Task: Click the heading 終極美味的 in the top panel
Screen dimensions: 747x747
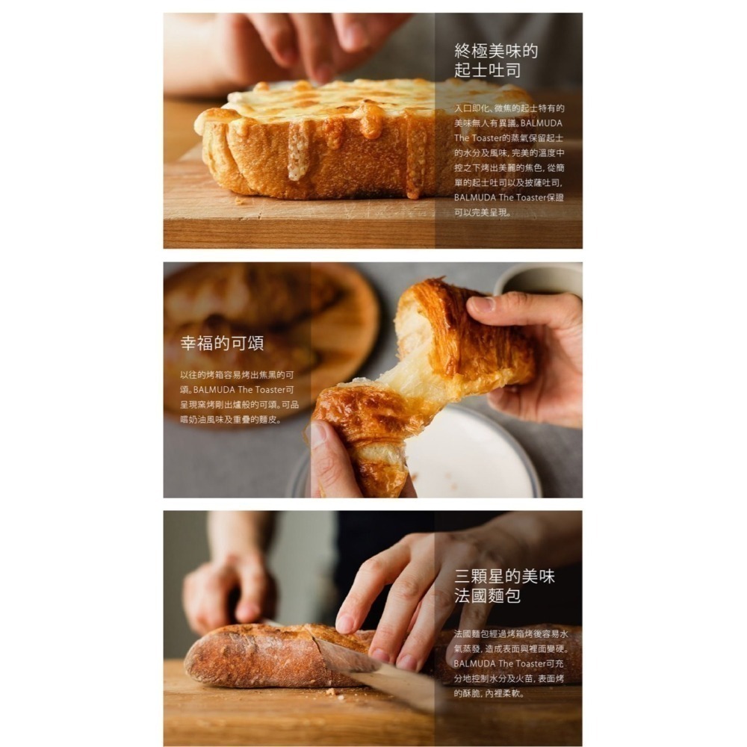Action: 496,52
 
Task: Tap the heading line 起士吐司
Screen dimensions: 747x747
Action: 488,71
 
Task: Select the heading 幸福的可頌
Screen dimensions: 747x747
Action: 222,344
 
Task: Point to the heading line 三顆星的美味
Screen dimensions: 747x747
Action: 505,577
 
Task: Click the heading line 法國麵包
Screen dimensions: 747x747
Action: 487,596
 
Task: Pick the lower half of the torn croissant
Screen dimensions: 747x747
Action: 359,433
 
